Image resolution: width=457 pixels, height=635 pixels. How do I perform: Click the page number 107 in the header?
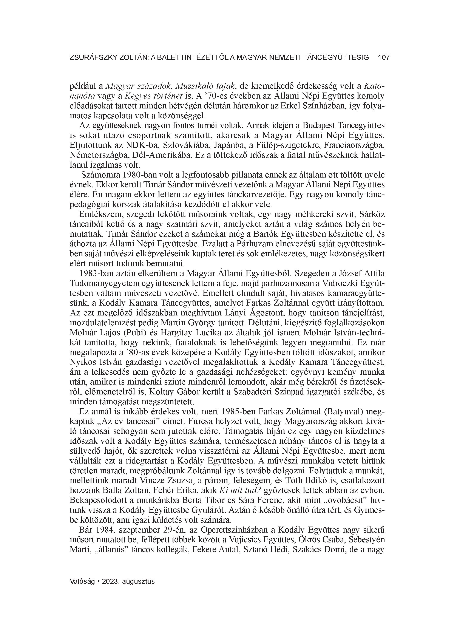point(383,58)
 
